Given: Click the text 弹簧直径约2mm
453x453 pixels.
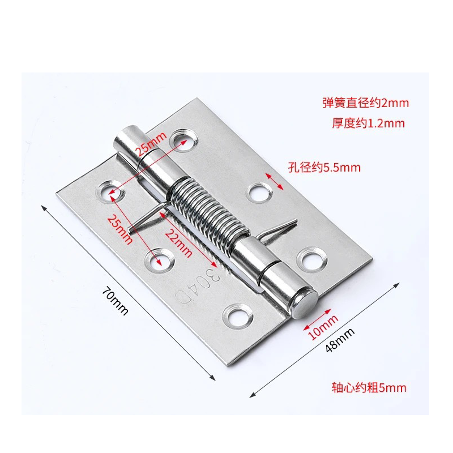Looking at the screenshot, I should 365,103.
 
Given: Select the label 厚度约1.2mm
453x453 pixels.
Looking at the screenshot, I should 368,123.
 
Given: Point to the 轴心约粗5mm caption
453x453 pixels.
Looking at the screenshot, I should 369,388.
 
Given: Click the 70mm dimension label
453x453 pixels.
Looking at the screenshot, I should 115,301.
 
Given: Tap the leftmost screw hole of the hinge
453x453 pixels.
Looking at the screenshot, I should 108,190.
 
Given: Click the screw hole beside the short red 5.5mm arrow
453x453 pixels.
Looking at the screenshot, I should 259,193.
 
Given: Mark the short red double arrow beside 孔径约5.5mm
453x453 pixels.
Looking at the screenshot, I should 275,181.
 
